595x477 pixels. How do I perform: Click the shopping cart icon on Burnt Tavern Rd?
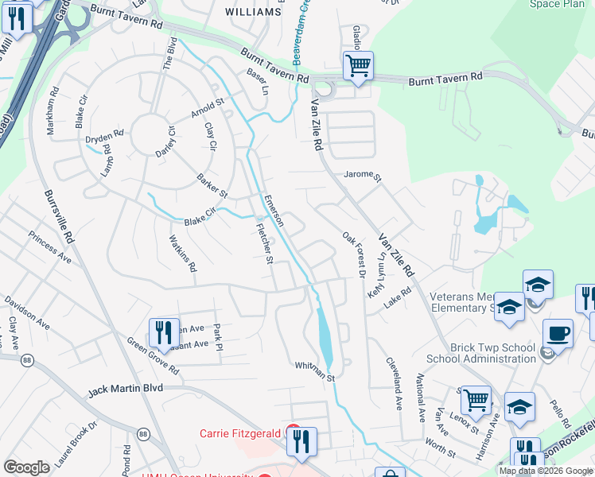(358, 66)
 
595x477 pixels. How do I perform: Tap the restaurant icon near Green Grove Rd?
(163, 333)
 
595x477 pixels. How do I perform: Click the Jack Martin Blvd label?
(125, 390)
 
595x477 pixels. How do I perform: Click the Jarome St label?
(363, 175)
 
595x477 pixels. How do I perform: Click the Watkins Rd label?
(182, 253)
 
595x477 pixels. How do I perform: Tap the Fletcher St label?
(264, 243)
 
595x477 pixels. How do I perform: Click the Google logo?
(26, 467)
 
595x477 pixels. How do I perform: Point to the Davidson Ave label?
(27, 313)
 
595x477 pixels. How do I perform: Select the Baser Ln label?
(258, 81)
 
